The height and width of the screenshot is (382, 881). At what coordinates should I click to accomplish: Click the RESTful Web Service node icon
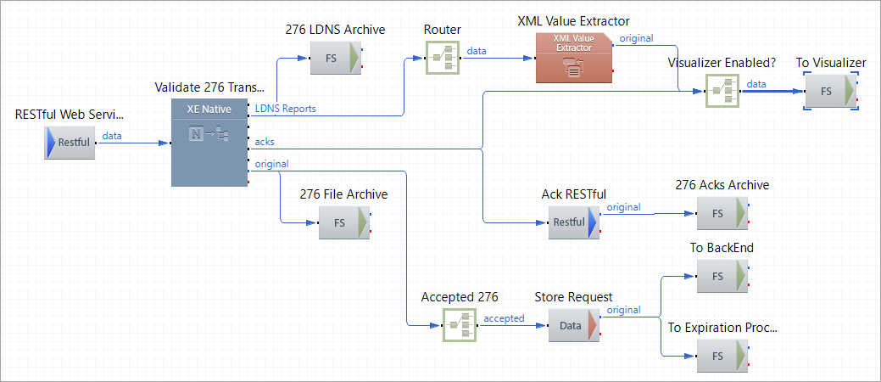tap(69, 143)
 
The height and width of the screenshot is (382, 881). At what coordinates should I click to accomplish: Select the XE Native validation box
tap(209, 142)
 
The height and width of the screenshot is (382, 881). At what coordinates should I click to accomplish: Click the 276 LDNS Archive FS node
tap(337, 59)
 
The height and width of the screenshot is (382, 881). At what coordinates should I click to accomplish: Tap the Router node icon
tap(442, 58)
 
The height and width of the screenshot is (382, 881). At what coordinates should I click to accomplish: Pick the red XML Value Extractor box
tap(573, 58)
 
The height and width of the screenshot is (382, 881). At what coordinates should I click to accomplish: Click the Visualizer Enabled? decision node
tap(722, 90)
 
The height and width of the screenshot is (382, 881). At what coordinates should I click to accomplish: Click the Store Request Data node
tap(573, 325)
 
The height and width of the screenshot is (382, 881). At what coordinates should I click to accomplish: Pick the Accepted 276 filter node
tap(459, 325)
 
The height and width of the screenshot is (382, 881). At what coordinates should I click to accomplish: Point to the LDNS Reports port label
tap(285, 109)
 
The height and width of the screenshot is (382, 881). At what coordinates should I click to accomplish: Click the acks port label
tap(265, 141)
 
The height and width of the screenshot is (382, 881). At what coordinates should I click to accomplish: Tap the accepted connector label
tap(504, 318)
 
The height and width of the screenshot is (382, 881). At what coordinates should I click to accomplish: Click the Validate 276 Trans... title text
tap(209, 87)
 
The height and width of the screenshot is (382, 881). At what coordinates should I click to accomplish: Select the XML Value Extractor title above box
tap(573, 20)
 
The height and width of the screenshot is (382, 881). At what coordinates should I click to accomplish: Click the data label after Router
tap(477, 51)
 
